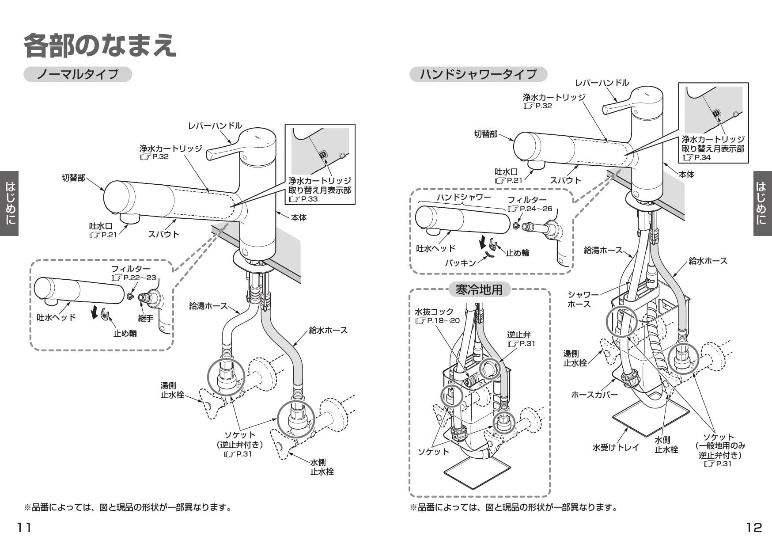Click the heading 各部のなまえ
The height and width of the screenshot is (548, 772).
(100, 46)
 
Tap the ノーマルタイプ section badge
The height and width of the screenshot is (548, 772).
(77, 74)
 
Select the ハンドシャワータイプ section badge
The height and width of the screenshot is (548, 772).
(478, 74)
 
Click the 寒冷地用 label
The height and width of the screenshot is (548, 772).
(479, 290)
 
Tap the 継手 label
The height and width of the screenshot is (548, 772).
(145, 318)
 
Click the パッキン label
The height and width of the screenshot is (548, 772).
(461, 263)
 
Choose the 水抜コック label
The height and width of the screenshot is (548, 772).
(434, 312)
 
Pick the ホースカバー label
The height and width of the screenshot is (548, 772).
(594, 395)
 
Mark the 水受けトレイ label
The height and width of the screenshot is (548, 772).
(615, 447)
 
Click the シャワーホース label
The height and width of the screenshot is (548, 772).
(583, 299)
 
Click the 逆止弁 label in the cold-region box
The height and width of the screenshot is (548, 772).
(518, 335)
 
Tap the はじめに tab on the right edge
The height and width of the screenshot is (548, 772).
(762, 203)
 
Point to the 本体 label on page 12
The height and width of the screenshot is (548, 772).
(686, 175)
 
